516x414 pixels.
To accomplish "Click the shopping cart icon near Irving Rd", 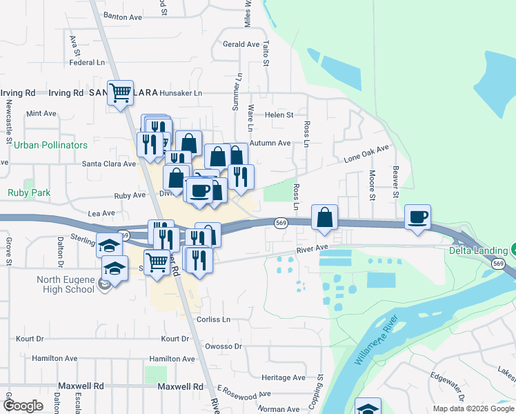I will tap(121, 92).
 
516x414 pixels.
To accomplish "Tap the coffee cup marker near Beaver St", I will tap(417, 217).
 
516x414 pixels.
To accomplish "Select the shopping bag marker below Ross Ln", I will tap(324, 217).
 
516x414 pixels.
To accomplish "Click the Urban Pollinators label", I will tap(51, 146).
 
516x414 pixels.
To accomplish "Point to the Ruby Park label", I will tap(29, 193).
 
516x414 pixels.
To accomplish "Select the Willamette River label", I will tap(377, 341).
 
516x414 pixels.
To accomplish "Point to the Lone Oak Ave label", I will tap(367, 154).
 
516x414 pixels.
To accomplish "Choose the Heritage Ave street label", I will tap(284, 377).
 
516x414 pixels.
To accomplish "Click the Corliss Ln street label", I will tap(213, 319).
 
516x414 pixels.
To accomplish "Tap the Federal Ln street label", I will tap(86, 62).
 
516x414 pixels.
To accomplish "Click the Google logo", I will tap(23, 406).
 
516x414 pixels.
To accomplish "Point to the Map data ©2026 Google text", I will tap(473, 408).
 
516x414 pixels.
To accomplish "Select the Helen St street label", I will tap(279, 115).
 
